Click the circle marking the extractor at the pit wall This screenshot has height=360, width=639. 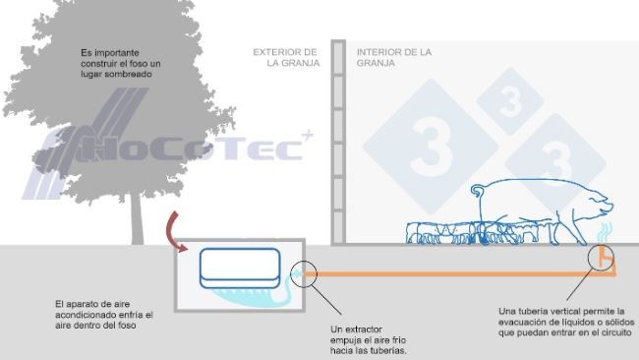click(x=304, y=272)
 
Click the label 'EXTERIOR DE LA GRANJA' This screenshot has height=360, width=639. click(x=285, y=57)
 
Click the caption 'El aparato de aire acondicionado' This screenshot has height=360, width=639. click(x=103, y=315)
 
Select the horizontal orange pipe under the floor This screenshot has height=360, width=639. click(x=452, y=272)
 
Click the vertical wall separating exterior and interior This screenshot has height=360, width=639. click(x=337, y=143)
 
